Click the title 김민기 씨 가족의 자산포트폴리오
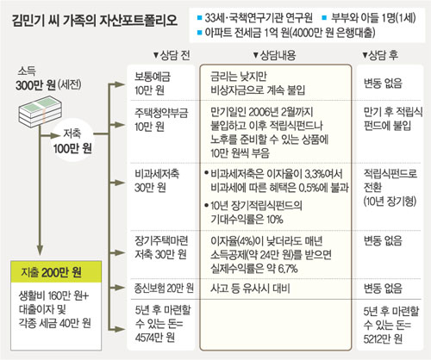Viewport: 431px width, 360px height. [x=95, y=21]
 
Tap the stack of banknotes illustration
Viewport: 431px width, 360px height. [x=41, y=112]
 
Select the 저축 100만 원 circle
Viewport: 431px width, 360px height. [x=72, y=140]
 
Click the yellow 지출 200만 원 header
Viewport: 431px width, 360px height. [x=56, y=272]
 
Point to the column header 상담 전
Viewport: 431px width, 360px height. [x=172, y=55]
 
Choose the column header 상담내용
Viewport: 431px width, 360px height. [x=274, y=55]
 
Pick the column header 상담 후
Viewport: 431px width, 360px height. [x=380, y=55]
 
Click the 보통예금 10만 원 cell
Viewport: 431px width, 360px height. [x=153, y=84]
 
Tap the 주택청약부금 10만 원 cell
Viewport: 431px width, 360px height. [x=161, y=119]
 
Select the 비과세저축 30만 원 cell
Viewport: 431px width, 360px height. [x=157, y=180]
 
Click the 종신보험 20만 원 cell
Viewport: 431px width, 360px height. [x=164, y=288]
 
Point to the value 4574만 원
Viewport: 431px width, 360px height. [x=155, y=338]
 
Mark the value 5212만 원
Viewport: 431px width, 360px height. [x=383, y=339]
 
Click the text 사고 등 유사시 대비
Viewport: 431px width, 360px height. [x=250, y=289]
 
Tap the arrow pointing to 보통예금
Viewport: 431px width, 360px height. [x=117, y=84]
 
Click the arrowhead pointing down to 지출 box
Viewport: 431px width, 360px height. [x=40, y=251]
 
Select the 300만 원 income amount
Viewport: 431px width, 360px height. [x=35, y=85]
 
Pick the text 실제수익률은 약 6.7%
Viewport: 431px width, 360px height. [x=254, y=269]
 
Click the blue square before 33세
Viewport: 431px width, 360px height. [x=200, y=18]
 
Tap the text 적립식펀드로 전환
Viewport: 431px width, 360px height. [x=390, y=180]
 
